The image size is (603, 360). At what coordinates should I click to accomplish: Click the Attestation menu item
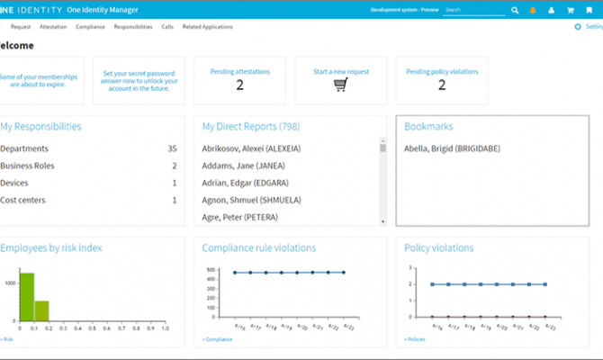[53, 27]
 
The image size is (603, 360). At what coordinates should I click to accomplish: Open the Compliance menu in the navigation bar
[90, 27]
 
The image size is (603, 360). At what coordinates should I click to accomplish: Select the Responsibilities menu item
[132, 27]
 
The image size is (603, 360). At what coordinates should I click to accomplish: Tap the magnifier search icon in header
[516, 10]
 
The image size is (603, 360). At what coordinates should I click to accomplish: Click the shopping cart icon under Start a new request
[341, 85]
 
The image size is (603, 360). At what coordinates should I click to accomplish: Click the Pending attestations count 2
[240, 85]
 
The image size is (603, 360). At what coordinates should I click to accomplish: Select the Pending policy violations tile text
[442, 71]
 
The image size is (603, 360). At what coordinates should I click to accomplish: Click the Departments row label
[24, 148]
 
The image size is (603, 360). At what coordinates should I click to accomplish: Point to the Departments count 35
[172, 148]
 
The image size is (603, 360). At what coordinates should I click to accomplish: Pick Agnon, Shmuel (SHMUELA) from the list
[253, 200]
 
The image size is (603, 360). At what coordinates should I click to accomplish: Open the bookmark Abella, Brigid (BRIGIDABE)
[452, 148]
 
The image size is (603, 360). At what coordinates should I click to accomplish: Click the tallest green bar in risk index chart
[26, 297]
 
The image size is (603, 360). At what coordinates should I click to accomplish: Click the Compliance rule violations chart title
[258, 247]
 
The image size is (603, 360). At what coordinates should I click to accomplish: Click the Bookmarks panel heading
[428, 127]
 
